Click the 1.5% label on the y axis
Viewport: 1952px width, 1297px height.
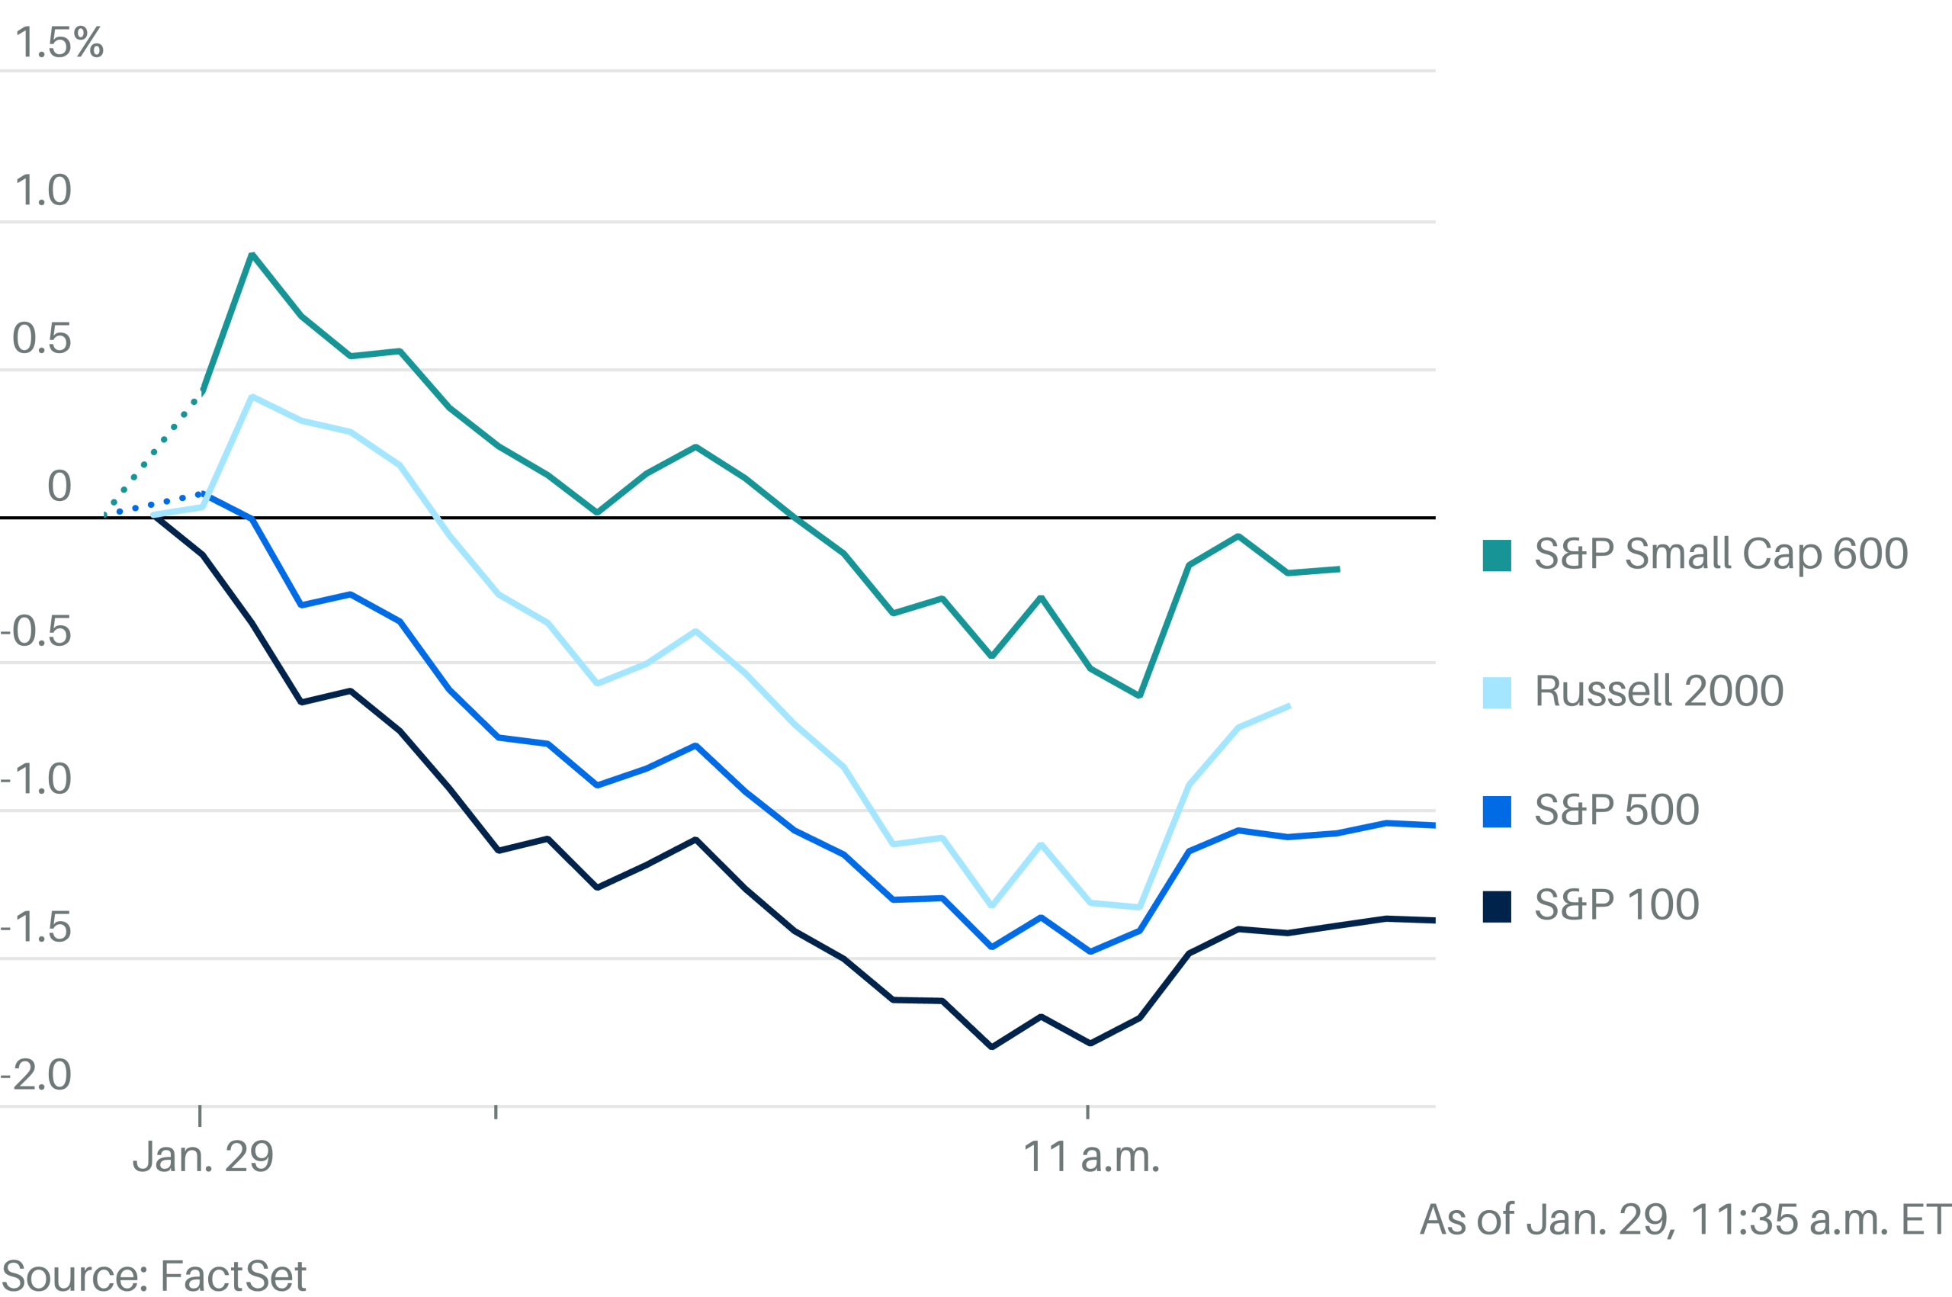point(59,42)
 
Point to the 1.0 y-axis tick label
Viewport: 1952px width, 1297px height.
point(43,191)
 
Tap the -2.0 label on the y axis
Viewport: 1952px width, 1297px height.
point(37,1075)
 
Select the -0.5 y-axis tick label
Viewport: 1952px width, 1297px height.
point(37,632)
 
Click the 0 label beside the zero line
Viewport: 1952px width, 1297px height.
point(59,486)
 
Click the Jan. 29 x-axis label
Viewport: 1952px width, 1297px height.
point(203,1157)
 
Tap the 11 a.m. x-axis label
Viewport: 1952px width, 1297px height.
point(1091,1157)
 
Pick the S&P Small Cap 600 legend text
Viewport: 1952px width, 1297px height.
point(1720,554)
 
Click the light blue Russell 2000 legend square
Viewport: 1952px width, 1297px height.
point(1496,692)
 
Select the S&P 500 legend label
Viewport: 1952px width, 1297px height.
point(1616,810)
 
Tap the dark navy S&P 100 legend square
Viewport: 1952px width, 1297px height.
point(1496,907)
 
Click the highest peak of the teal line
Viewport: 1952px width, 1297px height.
point(252,255)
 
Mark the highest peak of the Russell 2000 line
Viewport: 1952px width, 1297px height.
point(252,397)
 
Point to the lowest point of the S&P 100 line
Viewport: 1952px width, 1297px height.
point(992,1047)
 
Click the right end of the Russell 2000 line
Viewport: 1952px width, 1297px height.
point(1288,706)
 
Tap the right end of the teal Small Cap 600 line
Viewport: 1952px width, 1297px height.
point(1337,569)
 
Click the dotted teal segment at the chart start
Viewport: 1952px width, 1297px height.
point(154,451)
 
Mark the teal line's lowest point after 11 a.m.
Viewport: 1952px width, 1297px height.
point(1140,695)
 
